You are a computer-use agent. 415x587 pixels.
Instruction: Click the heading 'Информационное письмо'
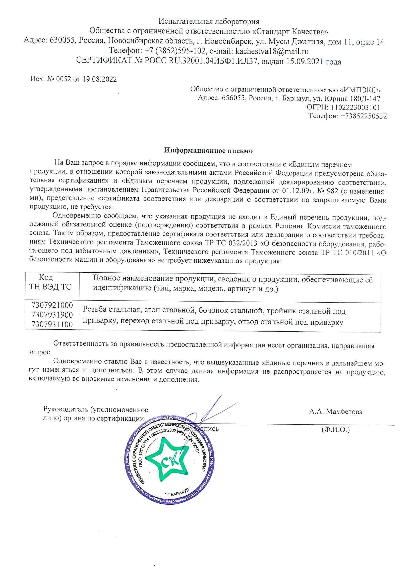click(x=208, y=151)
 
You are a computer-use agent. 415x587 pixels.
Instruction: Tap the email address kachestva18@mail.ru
click(x=272, y=51)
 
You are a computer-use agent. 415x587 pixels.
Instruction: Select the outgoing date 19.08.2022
click(x=99, y=79)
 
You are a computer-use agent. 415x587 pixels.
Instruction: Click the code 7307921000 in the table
click(x=52, y=305)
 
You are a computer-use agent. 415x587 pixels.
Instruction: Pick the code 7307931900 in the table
click(x=52, y=315)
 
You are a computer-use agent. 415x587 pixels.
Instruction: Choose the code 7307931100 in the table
click(x=52, y=324)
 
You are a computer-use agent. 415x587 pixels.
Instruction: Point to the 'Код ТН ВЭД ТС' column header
click(x=50, y=282)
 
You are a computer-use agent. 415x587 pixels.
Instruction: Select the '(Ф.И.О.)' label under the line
click(x=335, y=429)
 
